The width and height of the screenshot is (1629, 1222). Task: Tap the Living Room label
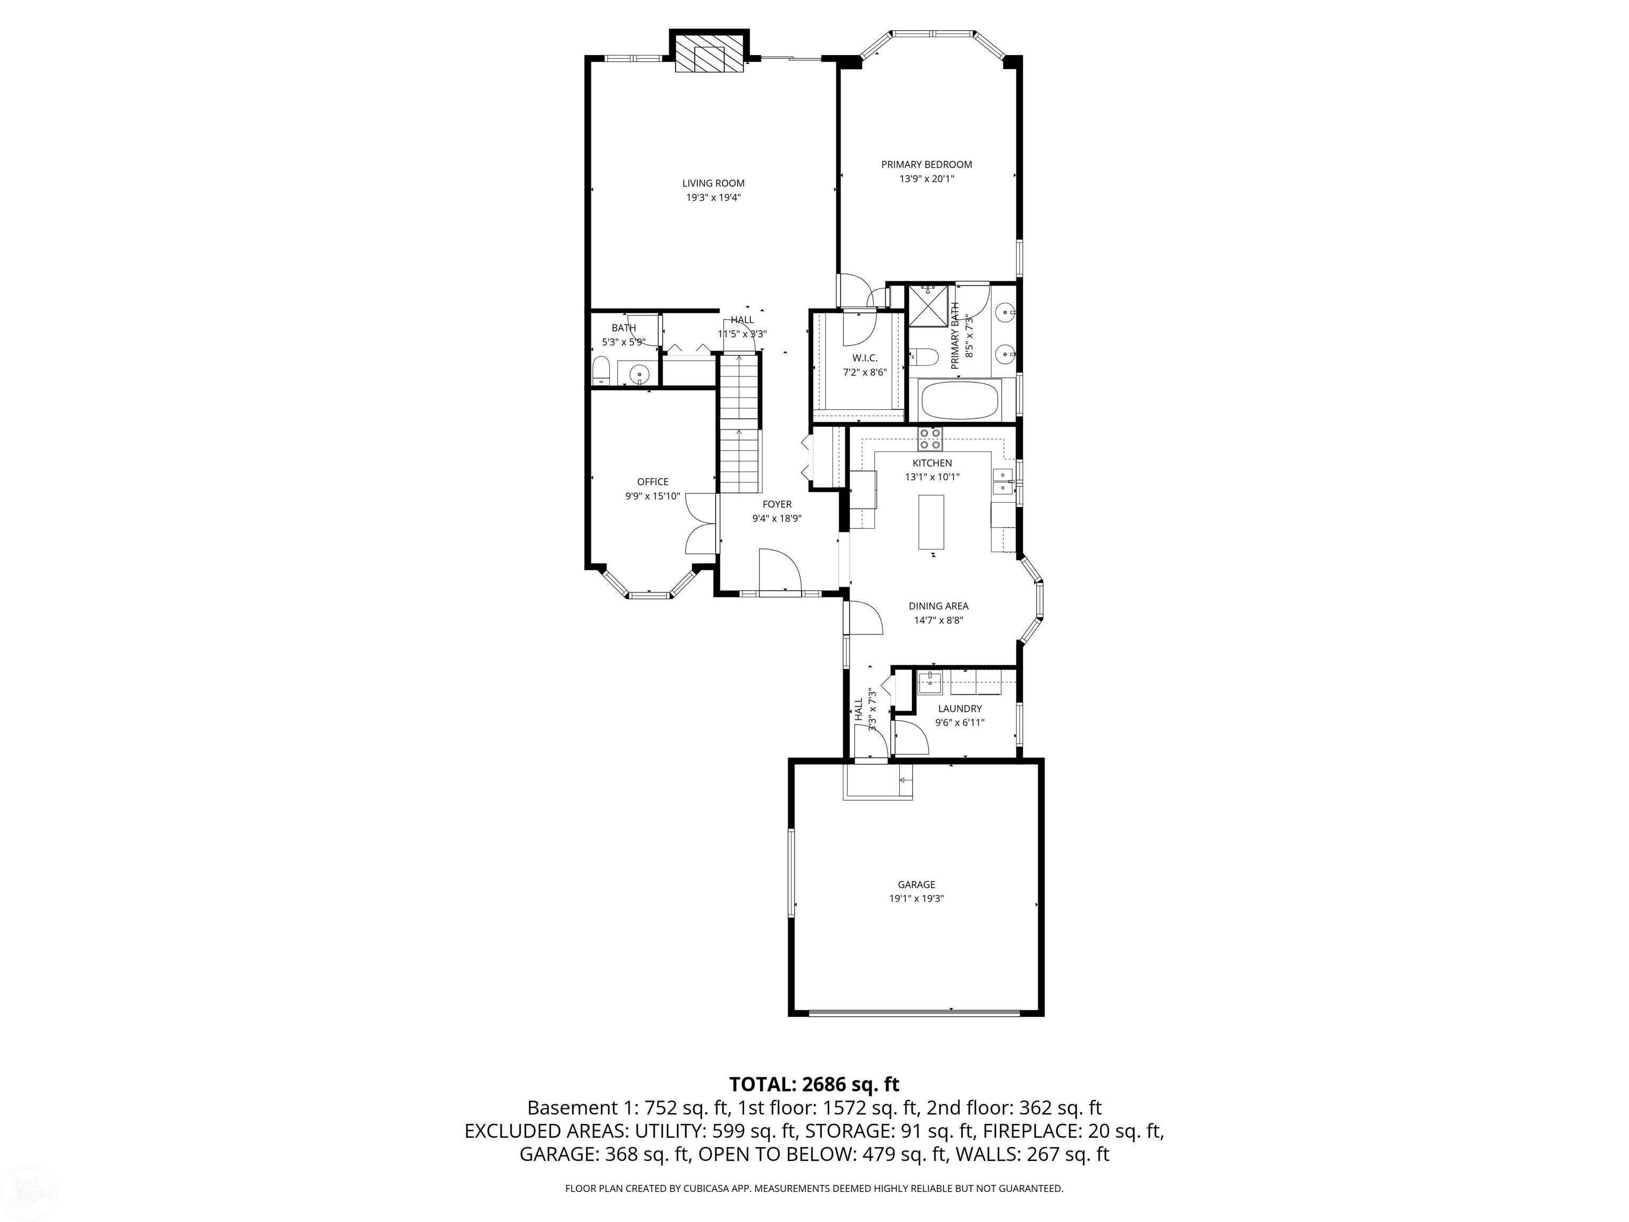pyautogui.click(x=713, y=184)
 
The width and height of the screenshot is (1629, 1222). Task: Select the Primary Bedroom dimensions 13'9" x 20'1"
pyautogui.click(x=926, y=179)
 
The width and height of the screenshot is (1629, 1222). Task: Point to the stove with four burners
pyautogui.click(x=930, y=439)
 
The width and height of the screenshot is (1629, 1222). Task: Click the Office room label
pyautogui.click(x=652, y=482)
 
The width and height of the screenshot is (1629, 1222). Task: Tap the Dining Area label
pyautogui.click(x=938, y=606)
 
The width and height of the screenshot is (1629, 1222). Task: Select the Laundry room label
pyautogui.click(x=960, y=709)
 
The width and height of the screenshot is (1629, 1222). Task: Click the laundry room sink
pyautogui.click(x=930, y=682)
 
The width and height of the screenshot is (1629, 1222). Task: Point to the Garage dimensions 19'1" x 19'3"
pyautogui.click(x=916, y=898)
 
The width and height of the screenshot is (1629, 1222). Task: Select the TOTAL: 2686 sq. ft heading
pyautogui.click(x=814, y=1084)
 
